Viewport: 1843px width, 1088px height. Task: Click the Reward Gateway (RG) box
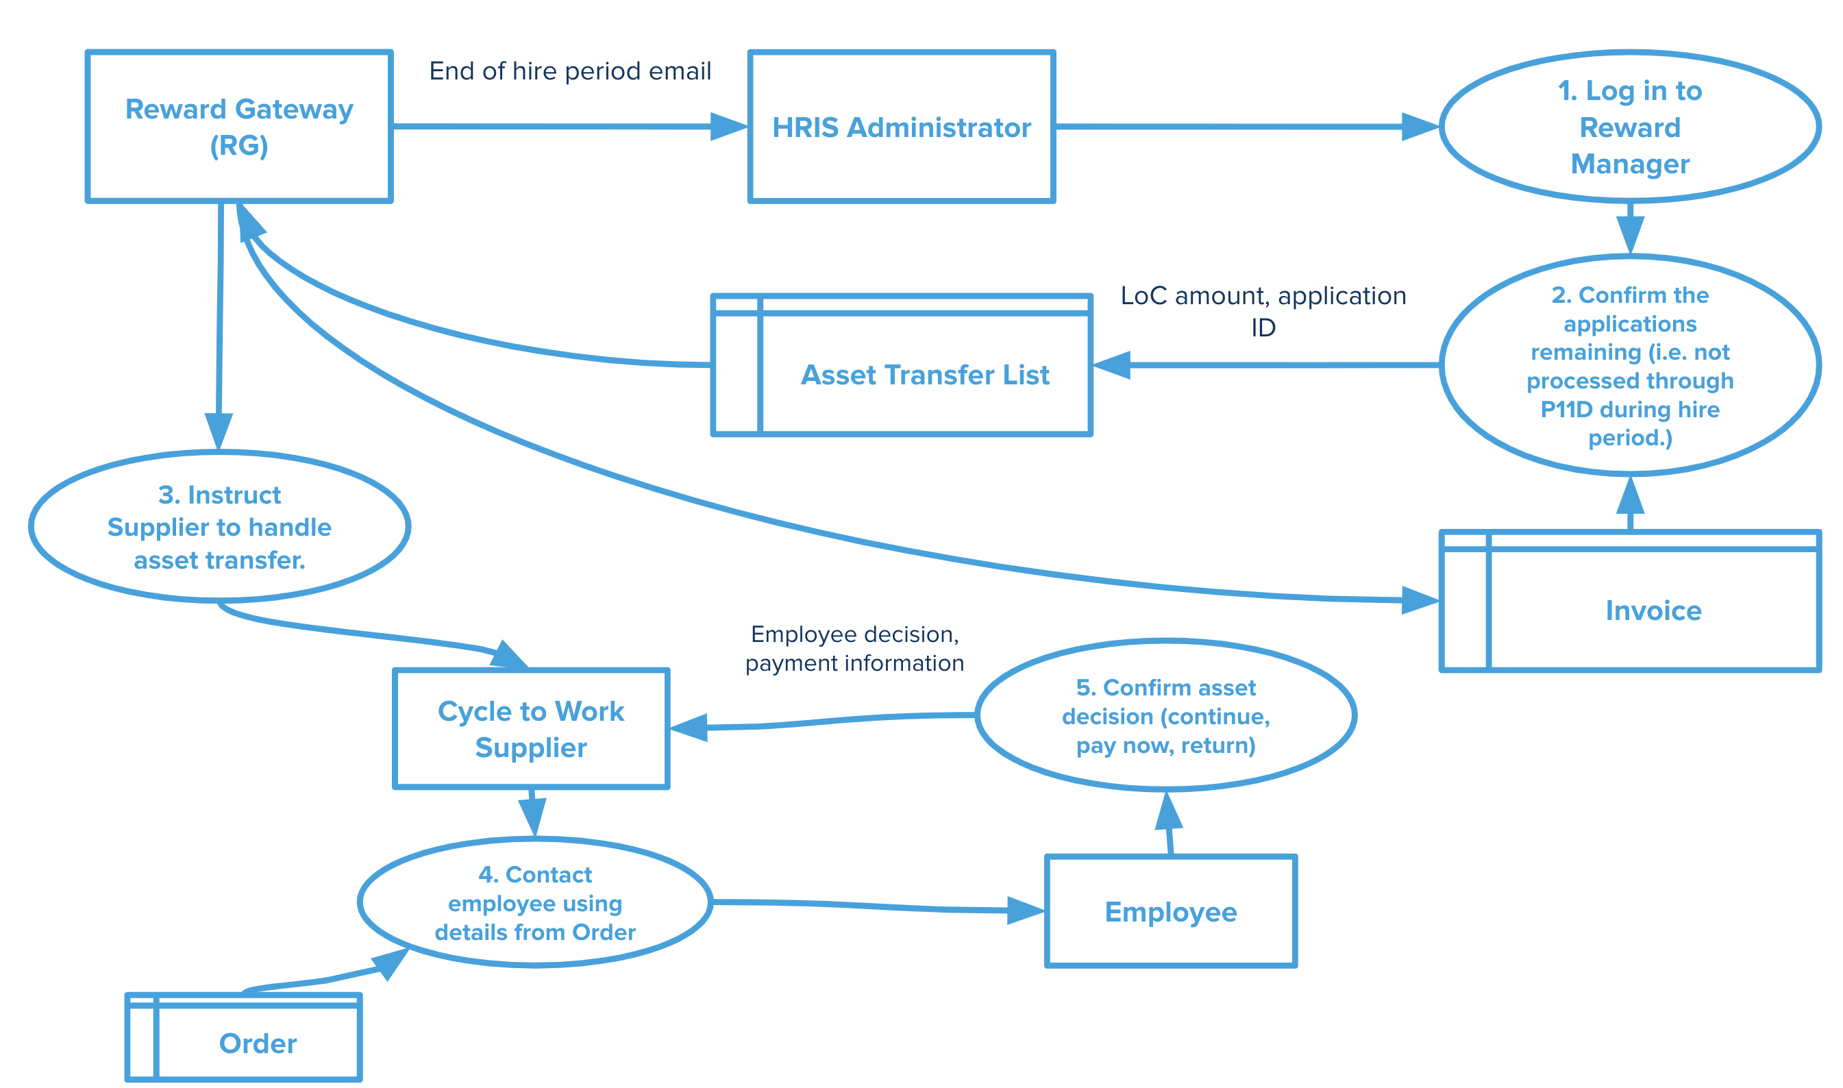tap(239, 127)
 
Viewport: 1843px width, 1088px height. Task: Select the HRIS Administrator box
tap(901, 127)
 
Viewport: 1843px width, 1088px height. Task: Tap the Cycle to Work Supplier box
tap(531, 729)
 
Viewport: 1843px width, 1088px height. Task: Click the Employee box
tap(1171, 911)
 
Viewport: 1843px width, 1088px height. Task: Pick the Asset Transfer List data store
tap(902, 366)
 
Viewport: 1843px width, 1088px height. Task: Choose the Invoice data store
tap(1631, 601)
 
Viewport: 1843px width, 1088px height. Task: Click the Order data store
tap(243, 1037)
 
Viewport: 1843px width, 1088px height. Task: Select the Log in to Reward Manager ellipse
tap(1631, 127)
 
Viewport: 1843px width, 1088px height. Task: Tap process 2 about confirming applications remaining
tap(1631, 366)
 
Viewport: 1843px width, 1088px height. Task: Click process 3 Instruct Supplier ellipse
tap(219, 527)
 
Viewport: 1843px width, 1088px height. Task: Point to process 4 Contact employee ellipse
tap(535, 902)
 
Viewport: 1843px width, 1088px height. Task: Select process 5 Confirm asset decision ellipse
tap(1165, 715)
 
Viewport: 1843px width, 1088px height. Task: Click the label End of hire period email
tap(569, 71)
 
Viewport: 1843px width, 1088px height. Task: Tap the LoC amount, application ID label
tap(1263, 311)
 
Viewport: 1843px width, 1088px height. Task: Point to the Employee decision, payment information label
tap(854, 648)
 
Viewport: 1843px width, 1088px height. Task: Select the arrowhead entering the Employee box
tap(1026, 911)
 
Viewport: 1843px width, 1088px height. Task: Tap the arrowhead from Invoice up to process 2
tap(1631, 495)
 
